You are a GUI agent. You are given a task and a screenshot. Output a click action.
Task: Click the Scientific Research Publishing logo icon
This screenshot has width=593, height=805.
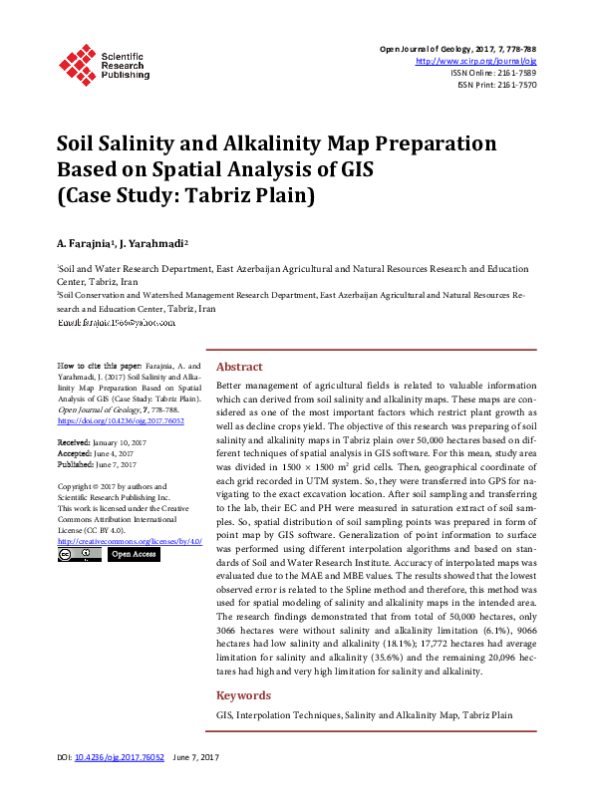pos(78,62)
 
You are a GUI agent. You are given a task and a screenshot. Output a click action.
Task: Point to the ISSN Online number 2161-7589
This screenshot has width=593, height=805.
pos(514,73)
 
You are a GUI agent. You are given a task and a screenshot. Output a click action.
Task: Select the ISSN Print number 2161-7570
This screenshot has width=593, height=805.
pos(514,85)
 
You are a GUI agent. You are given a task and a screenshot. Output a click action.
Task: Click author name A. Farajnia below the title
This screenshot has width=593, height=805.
pos(83,243)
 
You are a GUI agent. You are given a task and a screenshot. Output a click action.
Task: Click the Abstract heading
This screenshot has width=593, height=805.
pos(239,367)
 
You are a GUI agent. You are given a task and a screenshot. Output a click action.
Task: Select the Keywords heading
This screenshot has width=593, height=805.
pos(243,695)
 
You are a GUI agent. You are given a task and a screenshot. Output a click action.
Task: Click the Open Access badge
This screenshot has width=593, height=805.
pos(134,554)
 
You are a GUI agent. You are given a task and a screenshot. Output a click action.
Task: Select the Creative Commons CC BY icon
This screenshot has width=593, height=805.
pos(80,554)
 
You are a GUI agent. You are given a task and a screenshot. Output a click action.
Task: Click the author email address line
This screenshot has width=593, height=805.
pos(117,323)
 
